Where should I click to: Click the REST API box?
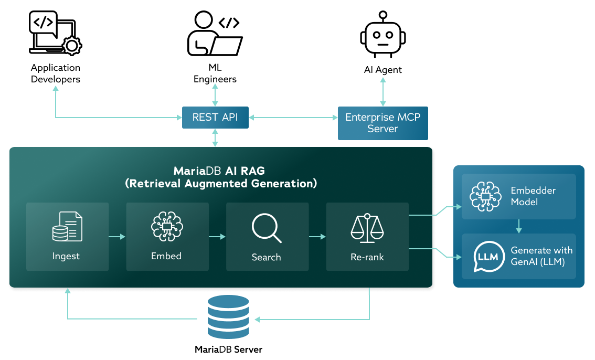(215, 118)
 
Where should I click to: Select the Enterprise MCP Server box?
(382, 123)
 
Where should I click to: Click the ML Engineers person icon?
(214, 34)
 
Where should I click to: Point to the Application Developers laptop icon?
(55, 33)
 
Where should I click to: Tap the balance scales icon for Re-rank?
(367, 228)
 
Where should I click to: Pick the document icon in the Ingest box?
(67, 226)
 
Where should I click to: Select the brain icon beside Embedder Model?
(485, 197)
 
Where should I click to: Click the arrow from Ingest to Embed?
(117, 237)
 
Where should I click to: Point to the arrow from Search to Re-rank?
(317, 237)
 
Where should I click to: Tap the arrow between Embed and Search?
(217, 237)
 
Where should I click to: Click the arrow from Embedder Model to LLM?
(518, 226)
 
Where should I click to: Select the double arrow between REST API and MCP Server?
(293, 118)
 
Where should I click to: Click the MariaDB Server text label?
(228, 350)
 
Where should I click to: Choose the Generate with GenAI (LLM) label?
(541, 256)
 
